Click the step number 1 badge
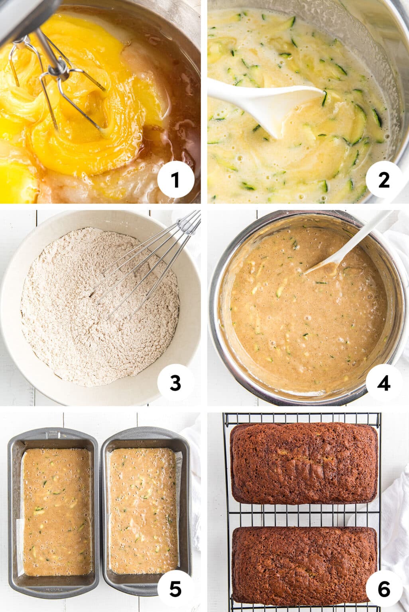tap(175, 180)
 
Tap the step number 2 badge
tap(383, 180)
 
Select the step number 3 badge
tap(175, 383)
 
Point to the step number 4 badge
tap(383, 383)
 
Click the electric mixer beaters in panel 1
tap(60, 80)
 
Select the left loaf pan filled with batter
tap(53, 512)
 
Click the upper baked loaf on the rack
tap(304, 463)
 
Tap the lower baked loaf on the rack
tap(304, 565)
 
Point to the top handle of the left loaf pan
tap(53, 434)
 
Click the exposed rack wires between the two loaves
tap(304, 515)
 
